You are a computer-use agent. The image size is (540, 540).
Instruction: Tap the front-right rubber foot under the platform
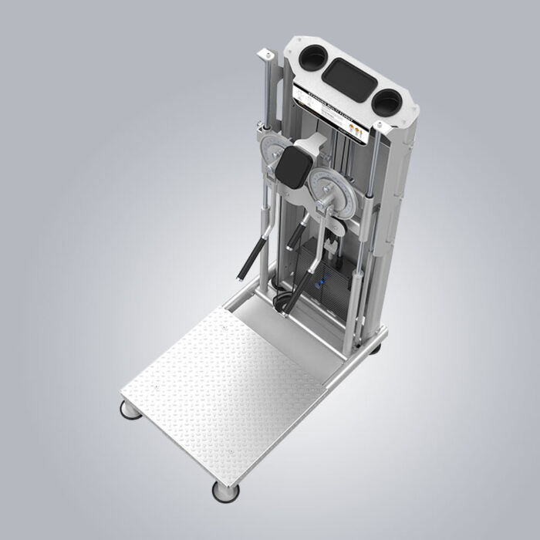tap(226, 489)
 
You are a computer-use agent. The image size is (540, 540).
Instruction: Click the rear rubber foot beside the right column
tap(376, 348)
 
